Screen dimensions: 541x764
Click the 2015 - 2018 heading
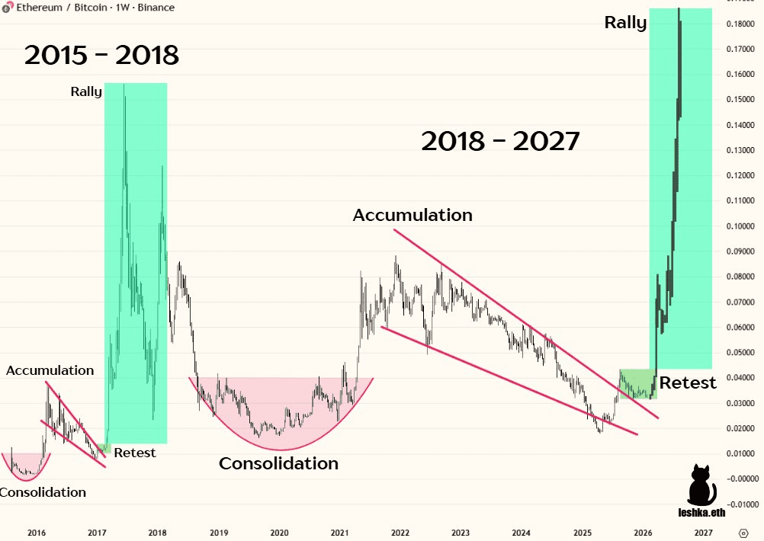(x=101, y=55)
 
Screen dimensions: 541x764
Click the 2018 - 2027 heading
(x=500, y=141)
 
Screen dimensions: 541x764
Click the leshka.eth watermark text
(x=700, y=513)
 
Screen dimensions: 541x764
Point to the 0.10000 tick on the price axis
(x=739, y=226)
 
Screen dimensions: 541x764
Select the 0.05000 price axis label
(x=739, y=353)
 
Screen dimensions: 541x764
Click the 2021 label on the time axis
(x=340, y=533)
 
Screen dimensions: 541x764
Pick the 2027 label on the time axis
(x=703, y=533)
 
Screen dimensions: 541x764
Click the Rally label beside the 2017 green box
(x=86, y=91)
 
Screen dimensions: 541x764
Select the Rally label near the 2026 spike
(x=625, y=23)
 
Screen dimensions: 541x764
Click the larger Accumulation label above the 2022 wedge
(x=412, y=216)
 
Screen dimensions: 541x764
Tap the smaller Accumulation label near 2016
(x=50, y=370)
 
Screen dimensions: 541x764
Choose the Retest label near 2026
(x=688, y=383)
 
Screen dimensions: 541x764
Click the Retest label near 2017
(x=135, y=453)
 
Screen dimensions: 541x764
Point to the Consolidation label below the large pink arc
(x=278, y=463)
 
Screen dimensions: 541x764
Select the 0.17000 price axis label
(x=739, y=50)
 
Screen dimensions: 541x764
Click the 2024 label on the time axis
(x=522, y=533)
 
